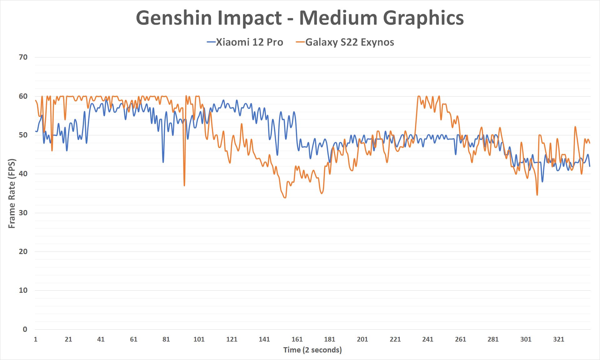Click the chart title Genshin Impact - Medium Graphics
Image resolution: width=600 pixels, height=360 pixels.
pyautogui.click(x=300, y=18)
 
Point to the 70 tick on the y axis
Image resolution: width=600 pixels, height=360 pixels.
pyautogui.click(x=23, y=57)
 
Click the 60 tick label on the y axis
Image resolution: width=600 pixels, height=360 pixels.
pyautogui.click(x=23, y=96)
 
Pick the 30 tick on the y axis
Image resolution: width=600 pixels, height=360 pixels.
pyautogui.click(x=23, y=213)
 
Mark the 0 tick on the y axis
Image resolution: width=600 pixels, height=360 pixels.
pyautogui.click(x=25, y=329)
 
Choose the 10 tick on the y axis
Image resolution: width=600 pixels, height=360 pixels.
pyautogui.click(x=23, y=290)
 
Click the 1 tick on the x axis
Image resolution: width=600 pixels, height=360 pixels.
pyautogui.click(x=36, y=339)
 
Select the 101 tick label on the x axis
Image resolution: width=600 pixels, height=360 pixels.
pyautogui.click(x=199, y=339)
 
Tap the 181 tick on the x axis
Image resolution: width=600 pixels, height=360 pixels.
pyautogui.click(x=330, y=339)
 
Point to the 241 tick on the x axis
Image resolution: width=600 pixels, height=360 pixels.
pyautogui.click(x=428, y=339)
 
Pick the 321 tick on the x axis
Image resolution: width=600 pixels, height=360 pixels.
pyautogui.click(x=558, y=339)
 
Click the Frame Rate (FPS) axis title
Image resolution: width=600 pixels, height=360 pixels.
pyautogui.click(x=12, y=194)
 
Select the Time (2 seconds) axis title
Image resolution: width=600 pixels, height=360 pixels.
pyautogui.click(x=312, y=350)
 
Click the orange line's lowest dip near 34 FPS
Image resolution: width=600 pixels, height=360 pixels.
pyautogui.click(x=285, y=197)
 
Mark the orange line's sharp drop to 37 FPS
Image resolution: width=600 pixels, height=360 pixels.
pyautogui.click(x=184, y=185)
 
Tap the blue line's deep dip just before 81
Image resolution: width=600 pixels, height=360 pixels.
pyautogui.click(x=163, y=162)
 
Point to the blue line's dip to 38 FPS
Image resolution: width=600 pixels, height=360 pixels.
pyautogui.click(x=542, y=182)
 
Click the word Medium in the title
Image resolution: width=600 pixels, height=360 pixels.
pyautogui.click(x=338, y=18)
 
